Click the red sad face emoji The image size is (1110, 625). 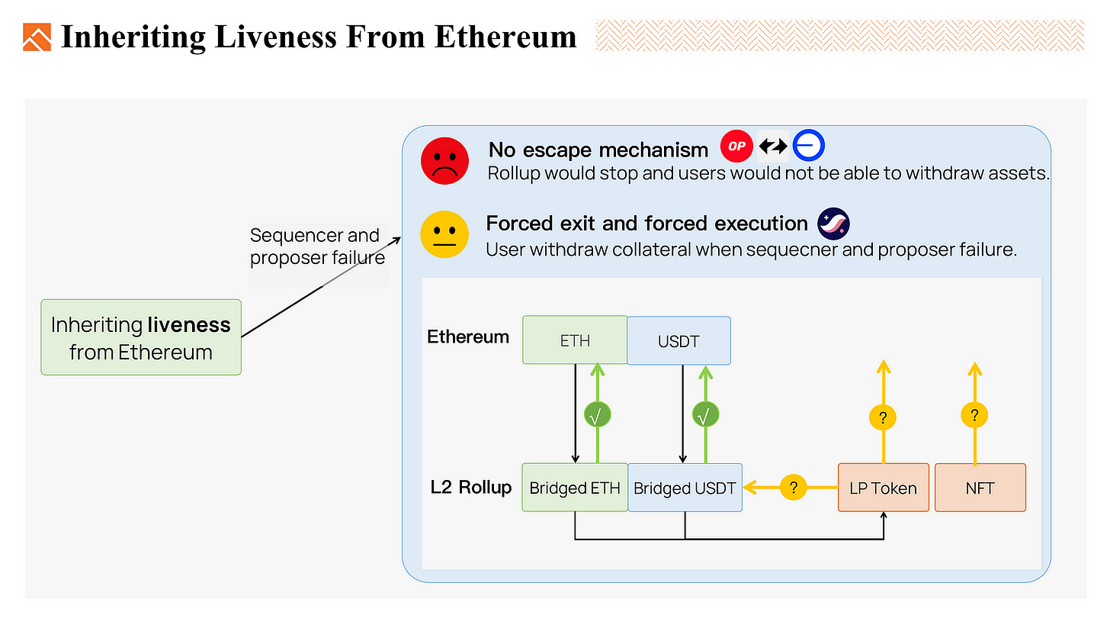click(444, 161)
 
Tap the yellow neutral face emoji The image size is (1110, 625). click(444, 234)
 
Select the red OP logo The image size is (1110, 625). click(736, 146)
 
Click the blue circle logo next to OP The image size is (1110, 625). click(808, 145)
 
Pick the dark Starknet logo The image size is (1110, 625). click(833, 224)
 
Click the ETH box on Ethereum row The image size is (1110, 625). click(575, 340)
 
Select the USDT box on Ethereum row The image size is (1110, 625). click(679, 341)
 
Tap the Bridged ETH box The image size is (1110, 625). click(575, 488)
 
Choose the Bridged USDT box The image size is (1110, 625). click(685, 488)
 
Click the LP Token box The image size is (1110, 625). click(883, 488)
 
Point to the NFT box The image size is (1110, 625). click(980, 488)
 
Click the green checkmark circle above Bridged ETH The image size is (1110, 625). click(597, 415)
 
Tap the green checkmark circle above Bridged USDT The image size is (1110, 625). click(705, 415)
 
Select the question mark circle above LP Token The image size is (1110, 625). click(883, 417)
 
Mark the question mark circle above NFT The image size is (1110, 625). click(974, 415)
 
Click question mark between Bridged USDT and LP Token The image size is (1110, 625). click(794, 488)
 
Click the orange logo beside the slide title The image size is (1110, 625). click(37, 37)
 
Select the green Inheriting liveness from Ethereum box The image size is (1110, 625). click(141, 337)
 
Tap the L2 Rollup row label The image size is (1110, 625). click(471, 487)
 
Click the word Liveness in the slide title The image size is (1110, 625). click(275, 37)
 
